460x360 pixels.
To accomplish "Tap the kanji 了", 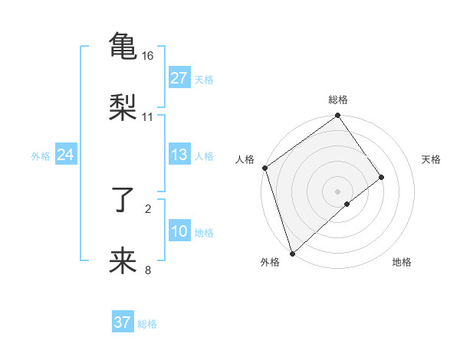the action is pyautogui.click(x=123, y=200).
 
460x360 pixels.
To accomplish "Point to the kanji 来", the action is pyautogui.click(x=123, y=261).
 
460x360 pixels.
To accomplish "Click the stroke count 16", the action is pyautogui.click(x=148, y=56).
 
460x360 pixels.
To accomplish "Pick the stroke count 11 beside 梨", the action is pyautogui.click(x=148, y=117).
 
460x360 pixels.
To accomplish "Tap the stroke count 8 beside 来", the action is pyautogui.click(x=148, y=270).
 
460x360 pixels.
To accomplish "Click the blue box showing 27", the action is pyautogui.click(x=179, y=78).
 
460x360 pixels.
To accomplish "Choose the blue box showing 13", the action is pyautogui.click(x=179, y=155).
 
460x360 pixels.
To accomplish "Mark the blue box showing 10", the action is pyautogui.click(x=179, y=231).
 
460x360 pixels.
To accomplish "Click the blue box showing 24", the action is pyautogui.click(x=66, y=155).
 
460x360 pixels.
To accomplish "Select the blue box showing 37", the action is pyautogui.click(x=123, y=322).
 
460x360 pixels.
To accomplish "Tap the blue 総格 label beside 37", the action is pyautogui.click(x=147, y=324).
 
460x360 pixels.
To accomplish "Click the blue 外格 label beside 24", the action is pyautogui.click(x=41, y=156).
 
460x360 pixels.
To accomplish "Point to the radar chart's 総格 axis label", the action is pyautogui.click(x=338, y=100).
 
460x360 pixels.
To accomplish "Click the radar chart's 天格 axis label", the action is pyautogui.click(x=432, y=159).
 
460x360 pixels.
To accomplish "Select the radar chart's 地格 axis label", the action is pyautogui.click(x=402, y=263).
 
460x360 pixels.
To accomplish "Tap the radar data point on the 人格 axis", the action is pyautogui.click(x=264, y=168).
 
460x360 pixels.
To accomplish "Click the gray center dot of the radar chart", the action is pyautogui.click(x=337, y=191).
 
